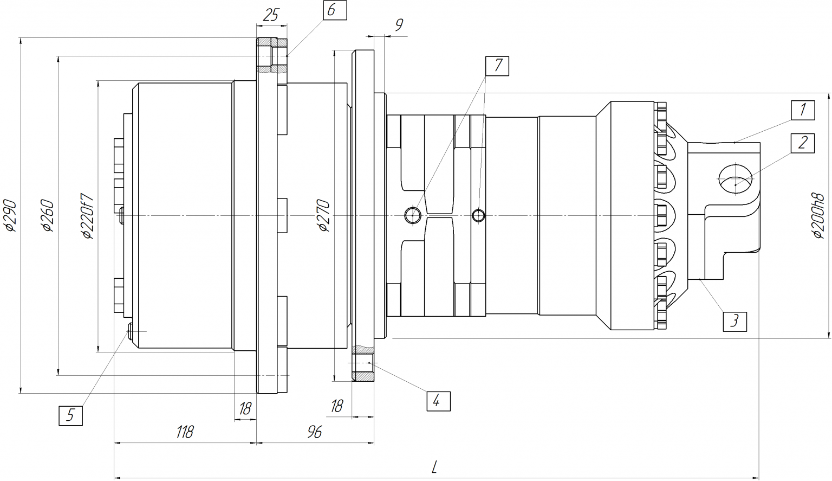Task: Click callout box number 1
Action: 803,110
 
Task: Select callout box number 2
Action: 803,143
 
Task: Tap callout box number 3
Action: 734,322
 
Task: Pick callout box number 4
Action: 438,401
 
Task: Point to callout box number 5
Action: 70,415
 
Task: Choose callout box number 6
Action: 335,10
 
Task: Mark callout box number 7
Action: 497,66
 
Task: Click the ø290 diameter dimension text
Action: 11,216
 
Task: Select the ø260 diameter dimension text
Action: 48,216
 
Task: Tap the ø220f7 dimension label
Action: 88,216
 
